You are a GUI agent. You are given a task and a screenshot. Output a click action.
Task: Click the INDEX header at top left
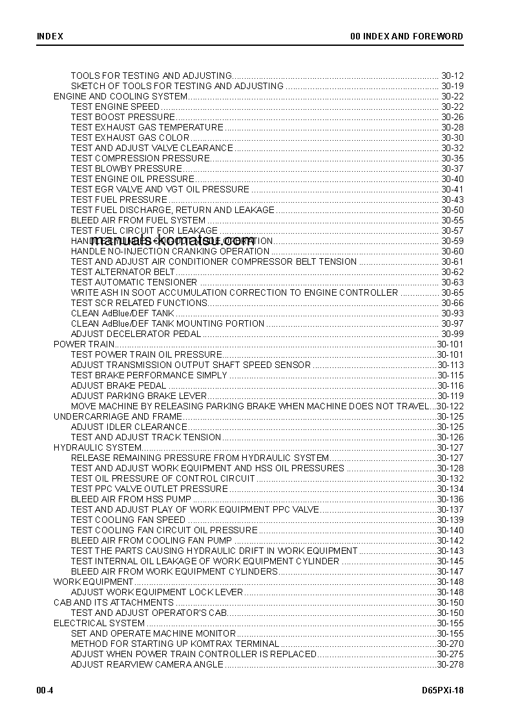click(50, 36)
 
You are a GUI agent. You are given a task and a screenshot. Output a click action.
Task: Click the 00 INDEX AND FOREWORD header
click(406, 36)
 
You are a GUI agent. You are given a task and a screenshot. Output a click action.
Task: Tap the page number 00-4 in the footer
click(45, 690)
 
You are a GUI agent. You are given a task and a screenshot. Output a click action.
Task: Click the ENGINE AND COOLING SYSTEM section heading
click(120, 96)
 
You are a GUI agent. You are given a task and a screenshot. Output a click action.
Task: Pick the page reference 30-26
click(452, 117)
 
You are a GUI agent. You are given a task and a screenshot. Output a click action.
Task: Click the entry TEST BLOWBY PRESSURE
click(126, 168)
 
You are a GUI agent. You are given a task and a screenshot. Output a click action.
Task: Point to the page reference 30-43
click(452, 199)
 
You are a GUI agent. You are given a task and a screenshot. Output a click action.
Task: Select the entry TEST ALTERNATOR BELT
click(123, 272)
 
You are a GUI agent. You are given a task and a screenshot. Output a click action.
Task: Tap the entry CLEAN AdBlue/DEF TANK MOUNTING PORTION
click(167, 323)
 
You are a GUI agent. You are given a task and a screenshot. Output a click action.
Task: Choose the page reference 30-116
click(450, 385)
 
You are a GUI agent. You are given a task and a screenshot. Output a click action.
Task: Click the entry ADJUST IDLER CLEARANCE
click(129, 427)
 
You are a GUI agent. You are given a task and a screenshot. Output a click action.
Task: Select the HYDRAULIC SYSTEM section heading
click(97, 447)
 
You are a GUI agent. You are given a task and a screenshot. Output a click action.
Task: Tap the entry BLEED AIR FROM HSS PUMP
click(131, 499)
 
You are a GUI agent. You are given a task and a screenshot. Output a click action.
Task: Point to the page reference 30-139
click(450, 520)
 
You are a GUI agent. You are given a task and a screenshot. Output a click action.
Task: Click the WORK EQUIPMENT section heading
click(93, 582)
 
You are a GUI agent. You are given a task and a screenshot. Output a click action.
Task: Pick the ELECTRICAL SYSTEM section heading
click(99, 623)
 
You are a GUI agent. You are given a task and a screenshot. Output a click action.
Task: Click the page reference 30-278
click(450, 664)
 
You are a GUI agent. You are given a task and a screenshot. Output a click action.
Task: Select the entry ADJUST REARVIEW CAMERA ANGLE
click(147, 664)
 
